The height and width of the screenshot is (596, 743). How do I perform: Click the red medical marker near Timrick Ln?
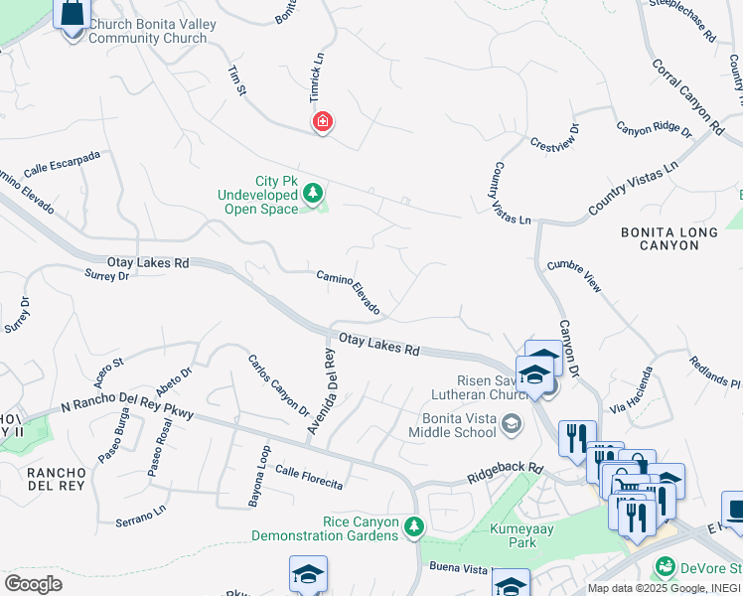[322, 122]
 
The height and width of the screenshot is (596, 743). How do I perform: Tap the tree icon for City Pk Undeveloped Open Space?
[314, 193]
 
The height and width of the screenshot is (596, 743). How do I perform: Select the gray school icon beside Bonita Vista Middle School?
[512, 426]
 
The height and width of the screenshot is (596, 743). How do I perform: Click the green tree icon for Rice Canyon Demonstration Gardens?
[415, 527]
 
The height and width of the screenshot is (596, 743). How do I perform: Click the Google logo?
[33, 584]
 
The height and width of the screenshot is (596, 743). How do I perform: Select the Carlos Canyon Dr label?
[278, 384]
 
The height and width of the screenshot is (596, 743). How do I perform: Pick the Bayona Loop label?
[257, 477]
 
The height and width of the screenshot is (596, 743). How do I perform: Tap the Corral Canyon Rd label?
[687, 96]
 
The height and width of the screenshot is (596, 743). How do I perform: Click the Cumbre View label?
[574, 275]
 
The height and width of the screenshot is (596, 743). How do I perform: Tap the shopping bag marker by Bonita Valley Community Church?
[74, 17]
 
